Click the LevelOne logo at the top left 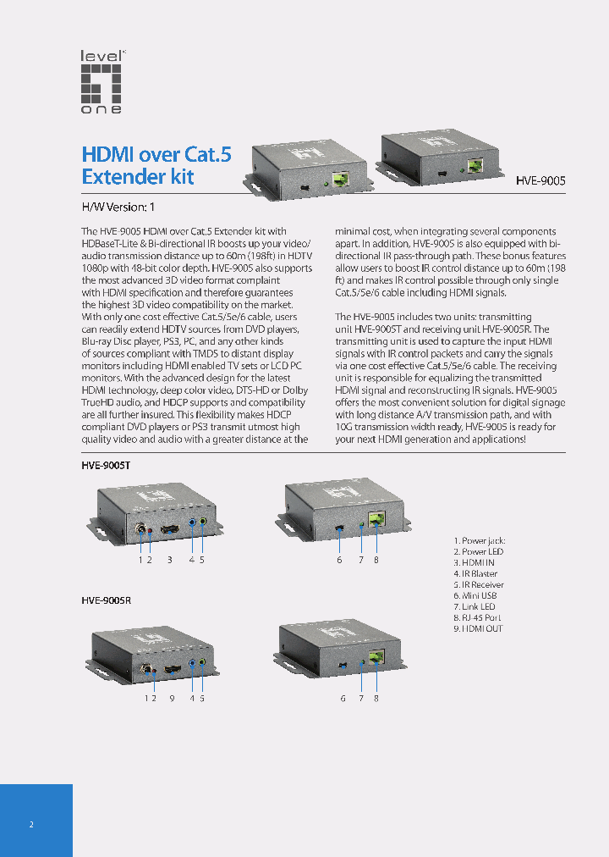click(101, 81)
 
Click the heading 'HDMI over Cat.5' click(156, 154)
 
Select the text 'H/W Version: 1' click(118, 207)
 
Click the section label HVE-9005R click(106, 600)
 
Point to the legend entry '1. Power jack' click(479, 540)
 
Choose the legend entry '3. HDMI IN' click(475, 562)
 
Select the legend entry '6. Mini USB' click(476, 595)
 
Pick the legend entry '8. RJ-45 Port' click(478, 617)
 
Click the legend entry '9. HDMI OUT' click(478, 628)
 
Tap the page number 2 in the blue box click(31, 824)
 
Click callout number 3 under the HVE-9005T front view click(169, 559)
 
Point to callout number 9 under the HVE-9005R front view click(172, 698)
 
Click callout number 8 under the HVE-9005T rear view click(376, 559)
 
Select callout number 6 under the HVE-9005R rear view click(343, 698)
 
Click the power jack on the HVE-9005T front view click(141, 532)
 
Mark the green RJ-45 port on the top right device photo click(475, 166)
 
